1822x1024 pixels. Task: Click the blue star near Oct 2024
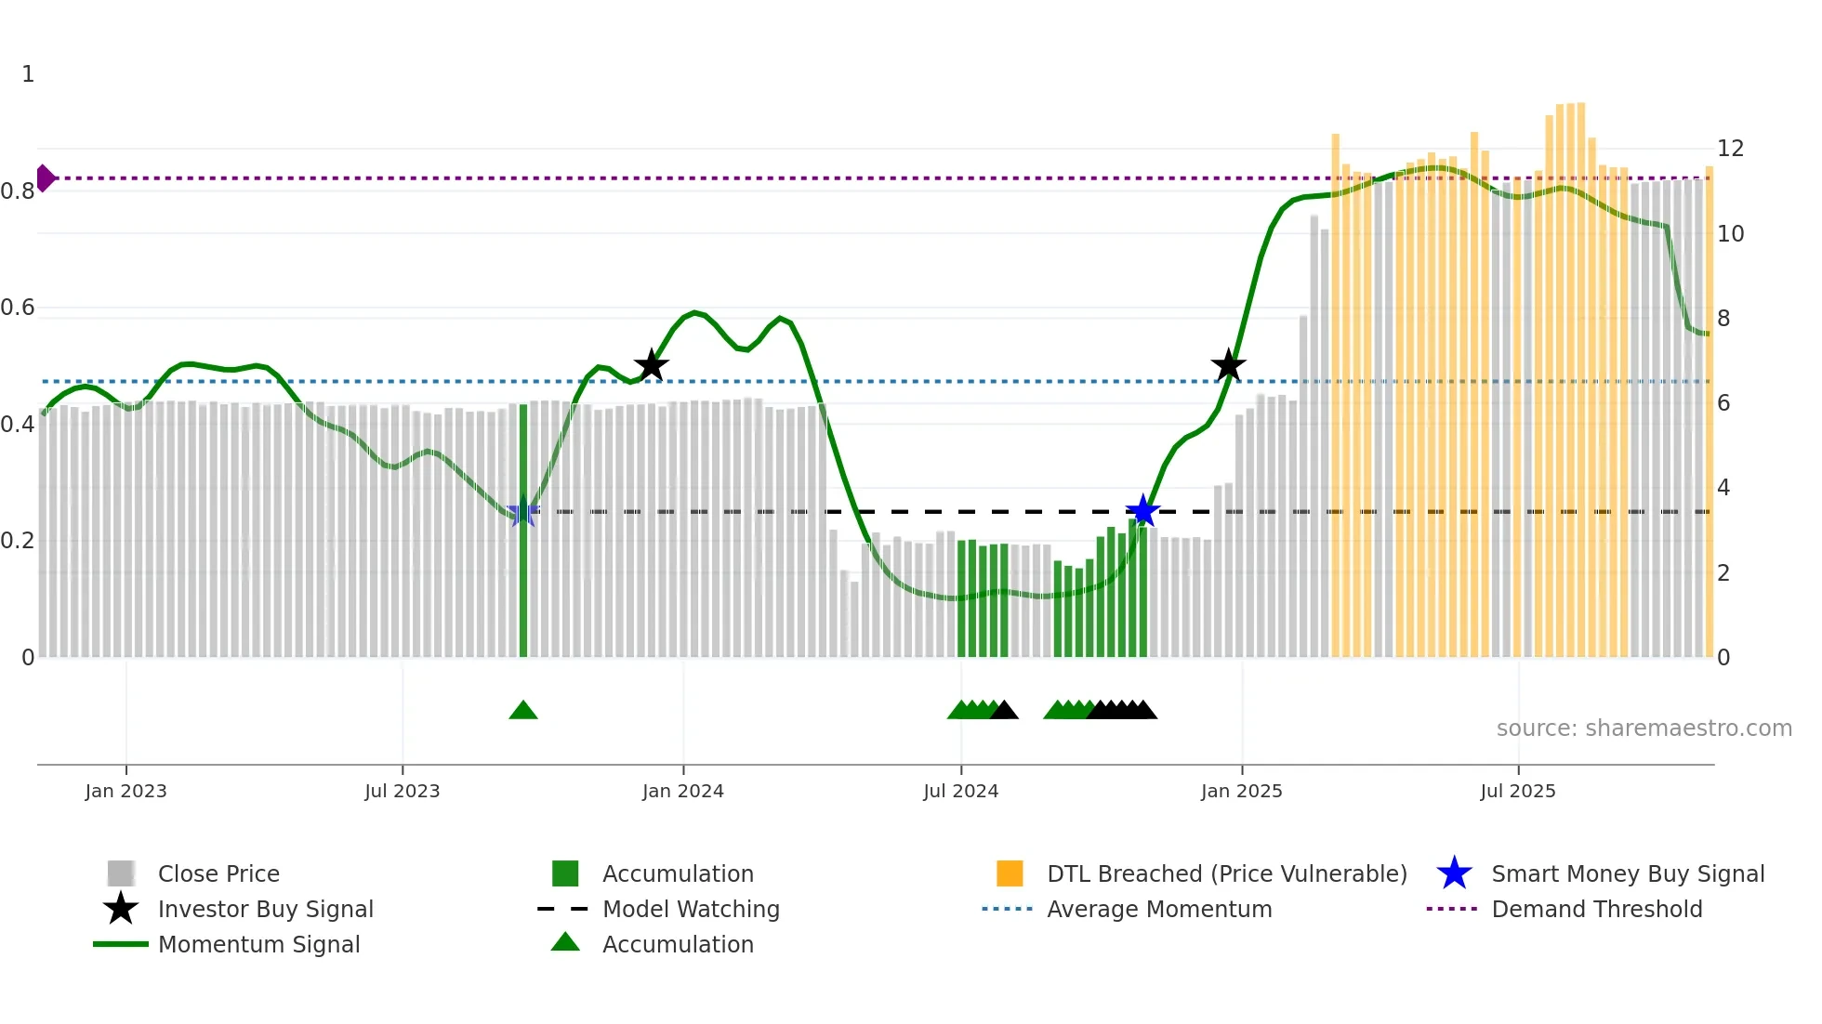click(x=1142, y=510)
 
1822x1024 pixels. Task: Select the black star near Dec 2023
click(x=651, y=365)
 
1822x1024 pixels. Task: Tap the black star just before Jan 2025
click(x=1228, y=365)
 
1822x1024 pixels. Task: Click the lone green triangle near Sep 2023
click(x=523, y=711)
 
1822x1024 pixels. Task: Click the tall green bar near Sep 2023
click(x=523, y=530)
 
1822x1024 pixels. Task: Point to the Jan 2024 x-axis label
click(x=682, y=791)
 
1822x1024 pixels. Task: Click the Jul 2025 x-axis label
click(x=1517, y=791)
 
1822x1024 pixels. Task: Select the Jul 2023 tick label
click(x=402, y=791)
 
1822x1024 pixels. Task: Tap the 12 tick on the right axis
click(x=1730, y=149)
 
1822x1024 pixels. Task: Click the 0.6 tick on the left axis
click(x=18, y=308)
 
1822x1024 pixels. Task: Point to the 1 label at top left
click(x=28, y=74)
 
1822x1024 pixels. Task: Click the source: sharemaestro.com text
click(x=1644, y=728)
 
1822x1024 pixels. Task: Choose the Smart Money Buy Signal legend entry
click(x=1627, y=873)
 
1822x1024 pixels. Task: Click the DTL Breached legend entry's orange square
click(x=1010, y=873)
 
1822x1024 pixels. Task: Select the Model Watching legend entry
click(x=690, y=909)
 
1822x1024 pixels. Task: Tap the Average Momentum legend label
click(x=1159, y=909)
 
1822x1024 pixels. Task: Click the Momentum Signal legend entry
click(x=258, y=944)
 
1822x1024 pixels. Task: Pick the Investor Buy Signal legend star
click(x=121, y=909)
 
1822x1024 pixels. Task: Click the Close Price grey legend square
click(x=121, y=873)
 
